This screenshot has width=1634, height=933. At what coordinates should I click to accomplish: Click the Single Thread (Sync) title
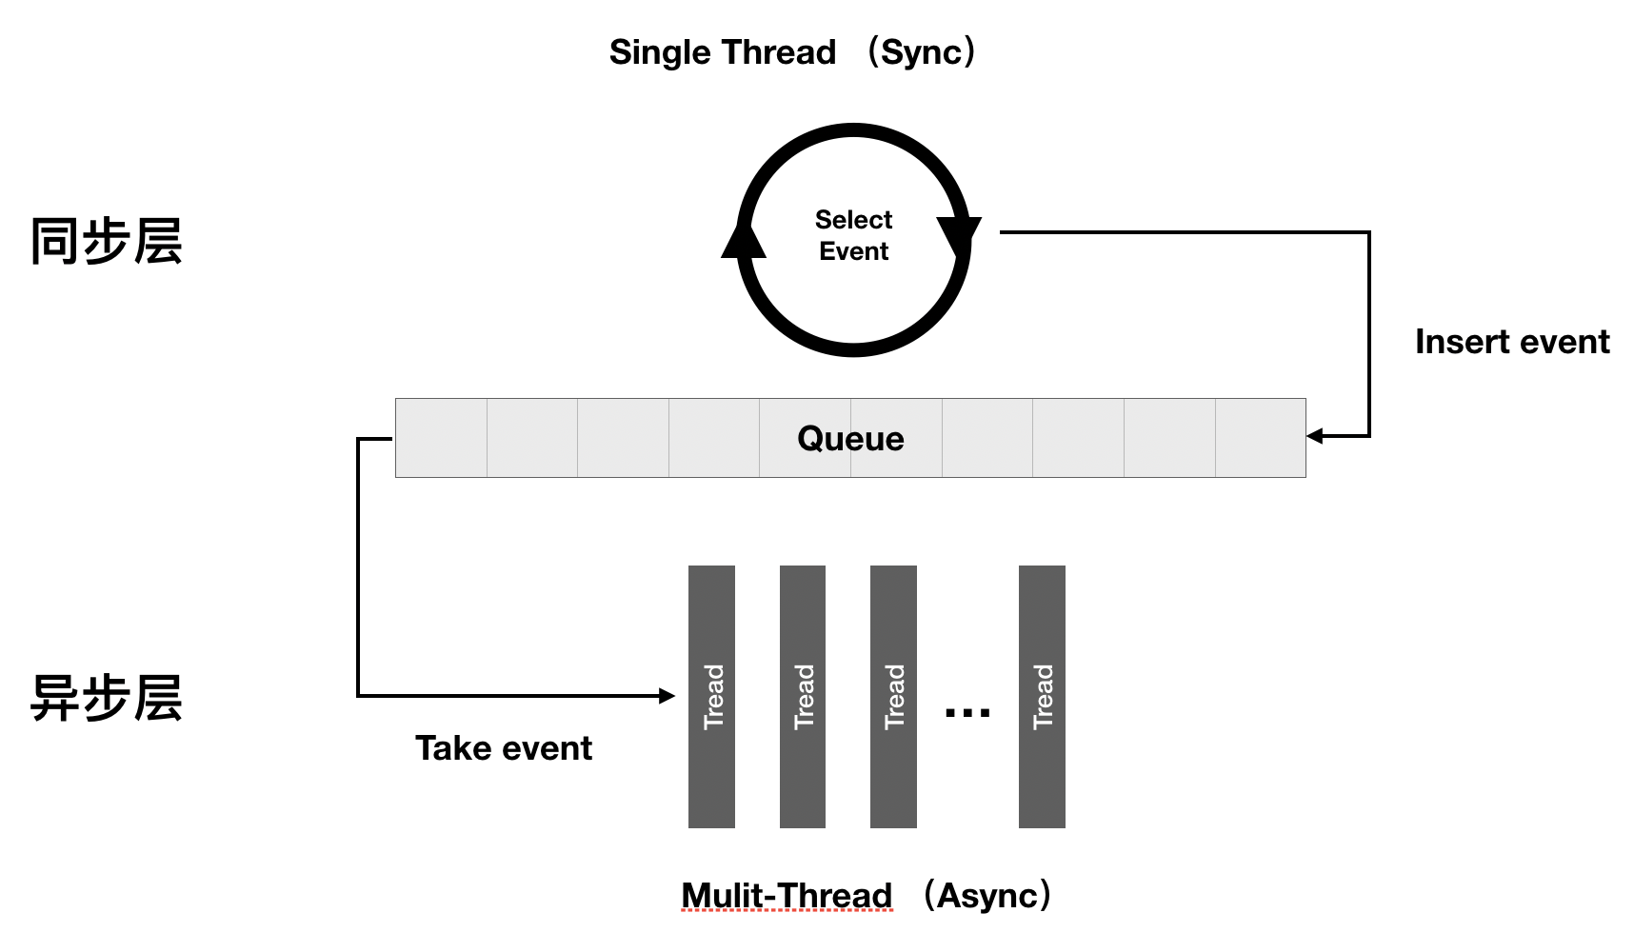792,52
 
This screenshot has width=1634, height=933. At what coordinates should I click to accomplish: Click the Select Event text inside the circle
853,235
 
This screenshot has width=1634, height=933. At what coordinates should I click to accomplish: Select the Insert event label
1511,342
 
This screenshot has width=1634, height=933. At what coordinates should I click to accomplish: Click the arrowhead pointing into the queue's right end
1315,436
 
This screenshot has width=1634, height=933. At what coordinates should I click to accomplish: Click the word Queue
850,438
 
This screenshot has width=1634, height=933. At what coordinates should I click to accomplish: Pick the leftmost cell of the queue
441,438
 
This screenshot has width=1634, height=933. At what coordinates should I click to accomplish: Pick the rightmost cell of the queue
1260,438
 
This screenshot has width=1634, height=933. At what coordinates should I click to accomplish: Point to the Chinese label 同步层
106,241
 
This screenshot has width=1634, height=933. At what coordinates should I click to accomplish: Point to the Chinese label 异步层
106,698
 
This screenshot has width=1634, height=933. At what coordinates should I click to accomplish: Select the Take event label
503,748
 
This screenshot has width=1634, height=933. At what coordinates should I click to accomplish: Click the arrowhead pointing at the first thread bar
668,696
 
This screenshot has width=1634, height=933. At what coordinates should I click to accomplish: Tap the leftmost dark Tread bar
711,696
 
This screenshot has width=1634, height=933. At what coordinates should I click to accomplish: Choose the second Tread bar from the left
803,696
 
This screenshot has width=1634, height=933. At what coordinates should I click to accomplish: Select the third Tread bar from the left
893,696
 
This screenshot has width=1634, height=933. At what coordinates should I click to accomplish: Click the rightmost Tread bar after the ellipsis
1042,696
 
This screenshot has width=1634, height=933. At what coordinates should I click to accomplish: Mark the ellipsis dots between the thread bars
966,712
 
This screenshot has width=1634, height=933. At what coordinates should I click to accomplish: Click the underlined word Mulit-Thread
787,896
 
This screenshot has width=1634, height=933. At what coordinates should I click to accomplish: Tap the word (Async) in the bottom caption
989,896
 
